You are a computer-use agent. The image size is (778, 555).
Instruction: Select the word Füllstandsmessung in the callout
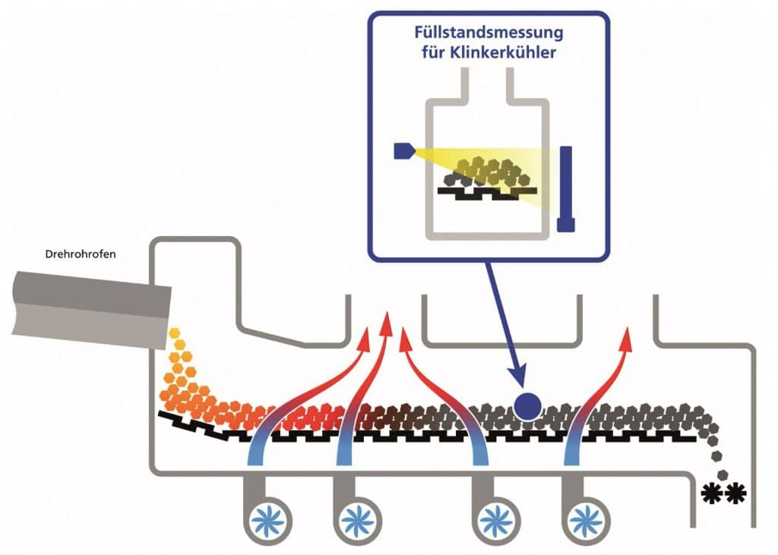489,35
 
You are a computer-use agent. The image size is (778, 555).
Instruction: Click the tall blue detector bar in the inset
566,188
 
